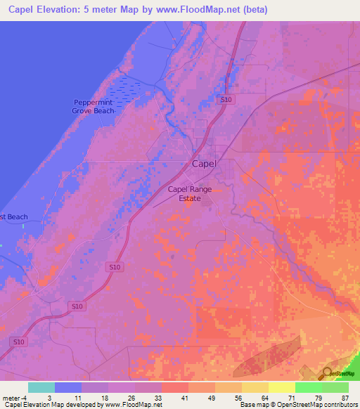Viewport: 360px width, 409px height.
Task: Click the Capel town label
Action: click(205, 163)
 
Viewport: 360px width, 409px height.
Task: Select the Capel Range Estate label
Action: click(190, 194)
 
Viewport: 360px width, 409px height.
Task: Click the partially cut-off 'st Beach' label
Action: click(14, 216)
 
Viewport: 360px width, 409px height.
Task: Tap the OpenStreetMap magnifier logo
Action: click(328, 373)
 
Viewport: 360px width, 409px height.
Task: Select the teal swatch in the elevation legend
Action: click(41, 387)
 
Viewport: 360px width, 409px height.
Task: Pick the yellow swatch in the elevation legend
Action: click(281, 387)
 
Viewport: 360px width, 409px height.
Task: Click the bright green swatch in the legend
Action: click(308, 387)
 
